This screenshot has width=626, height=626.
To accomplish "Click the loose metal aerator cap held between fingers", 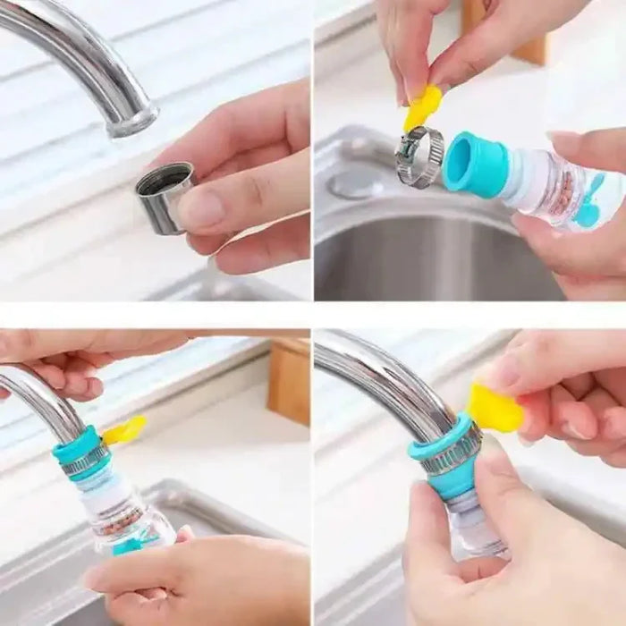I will tap(163, 199).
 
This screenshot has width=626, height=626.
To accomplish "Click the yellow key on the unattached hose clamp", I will tap(422, 107).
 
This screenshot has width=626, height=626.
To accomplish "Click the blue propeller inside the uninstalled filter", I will tap(591, 203).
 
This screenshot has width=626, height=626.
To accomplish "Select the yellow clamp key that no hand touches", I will tap(124, 430).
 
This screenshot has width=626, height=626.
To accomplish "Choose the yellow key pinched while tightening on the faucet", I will tap(495, 409).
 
